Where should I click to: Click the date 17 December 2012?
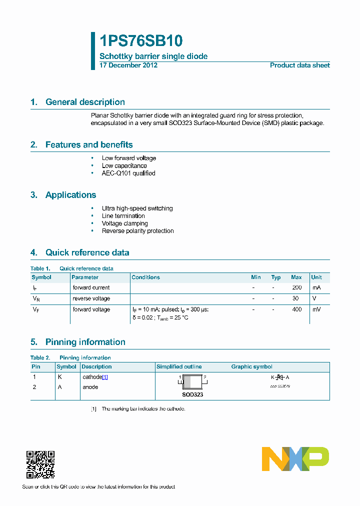[128, 65]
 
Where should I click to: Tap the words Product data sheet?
[299, 65]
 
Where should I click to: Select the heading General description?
[85, 102]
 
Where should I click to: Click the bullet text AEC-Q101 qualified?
[128, 173]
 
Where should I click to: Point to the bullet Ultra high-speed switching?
[137, 208]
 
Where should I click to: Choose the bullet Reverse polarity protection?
[137, 231]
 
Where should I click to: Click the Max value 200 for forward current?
[296, 288]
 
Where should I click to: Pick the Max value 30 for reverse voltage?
[295, 298]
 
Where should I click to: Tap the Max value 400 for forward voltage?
[296, 310]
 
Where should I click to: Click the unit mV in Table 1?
[316, 310]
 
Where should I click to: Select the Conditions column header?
[145, 277]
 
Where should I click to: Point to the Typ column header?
[275, 277]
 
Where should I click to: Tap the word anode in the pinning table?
[90, 387]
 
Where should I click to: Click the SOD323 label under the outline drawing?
[192, 394]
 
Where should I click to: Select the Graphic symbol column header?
[251, 367]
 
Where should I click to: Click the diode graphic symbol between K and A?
[280, 377]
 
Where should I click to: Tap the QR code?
[40, 465]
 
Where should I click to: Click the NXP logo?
[295, 459]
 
